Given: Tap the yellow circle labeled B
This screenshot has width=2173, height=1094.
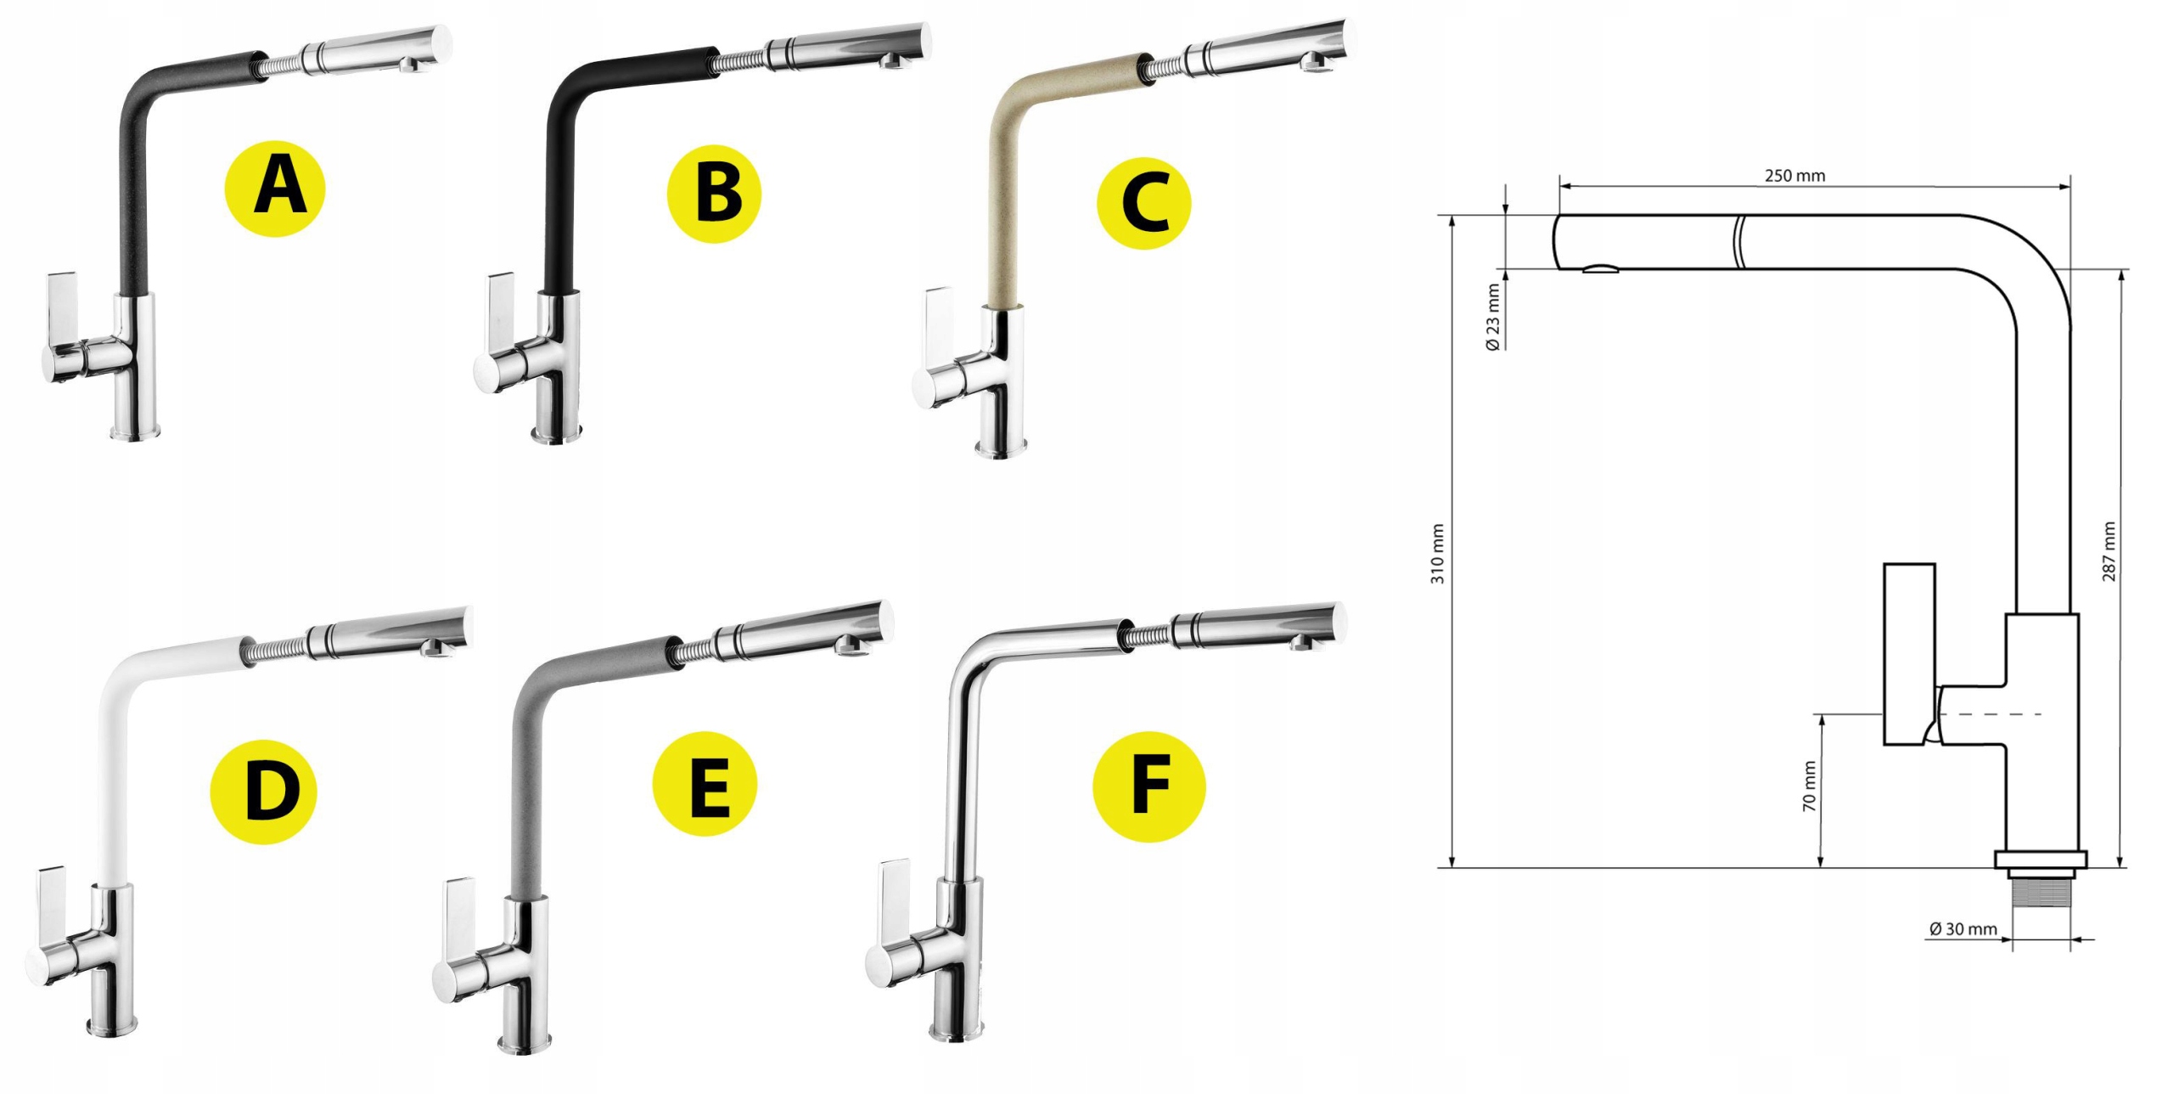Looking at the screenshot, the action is point(715,194).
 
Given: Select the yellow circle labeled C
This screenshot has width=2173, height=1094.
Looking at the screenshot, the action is point(1143,202).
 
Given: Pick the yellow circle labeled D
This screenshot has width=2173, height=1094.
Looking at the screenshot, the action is point(263,789).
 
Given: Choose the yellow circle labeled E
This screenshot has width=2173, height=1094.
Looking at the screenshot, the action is point(705,784).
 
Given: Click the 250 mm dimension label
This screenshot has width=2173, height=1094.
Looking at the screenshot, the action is point(1795,176).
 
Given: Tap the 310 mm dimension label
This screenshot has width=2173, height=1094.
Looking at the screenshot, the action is point(1438,553).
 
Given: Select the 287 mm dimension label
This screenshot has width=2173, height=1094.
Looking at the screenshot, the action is point(2109,551).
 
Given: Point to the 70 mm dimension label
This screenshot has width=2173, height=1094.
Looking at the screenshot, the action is point(1810,786).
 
